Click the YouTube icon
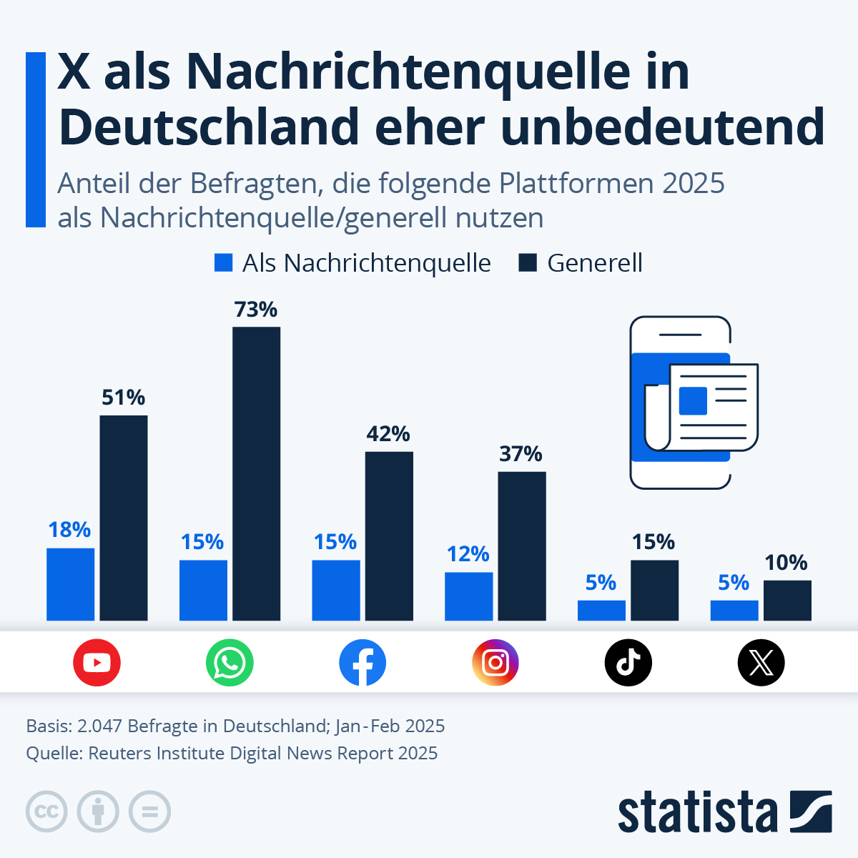[97, 663]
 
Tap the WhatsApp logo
[230, 663]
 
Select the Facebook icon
[363, 663]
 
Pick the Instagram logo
[495, 663]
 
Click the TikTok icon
[628, 663]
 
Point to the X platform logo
[761, 663]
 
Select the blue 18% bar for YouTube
[71, 584]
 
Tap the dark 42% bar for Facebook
[389, 536]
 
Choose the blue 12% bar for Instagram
[468, 596]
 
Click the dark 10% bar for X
[787, 601]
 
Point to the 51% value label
[123, 398]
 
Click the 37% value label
[521, 454]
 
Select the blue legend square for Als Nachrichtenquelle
[224, 263]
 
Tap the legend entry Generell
[594, 263]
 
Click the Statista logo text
[697, 812]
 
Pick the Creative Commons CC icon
[47, 812]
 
